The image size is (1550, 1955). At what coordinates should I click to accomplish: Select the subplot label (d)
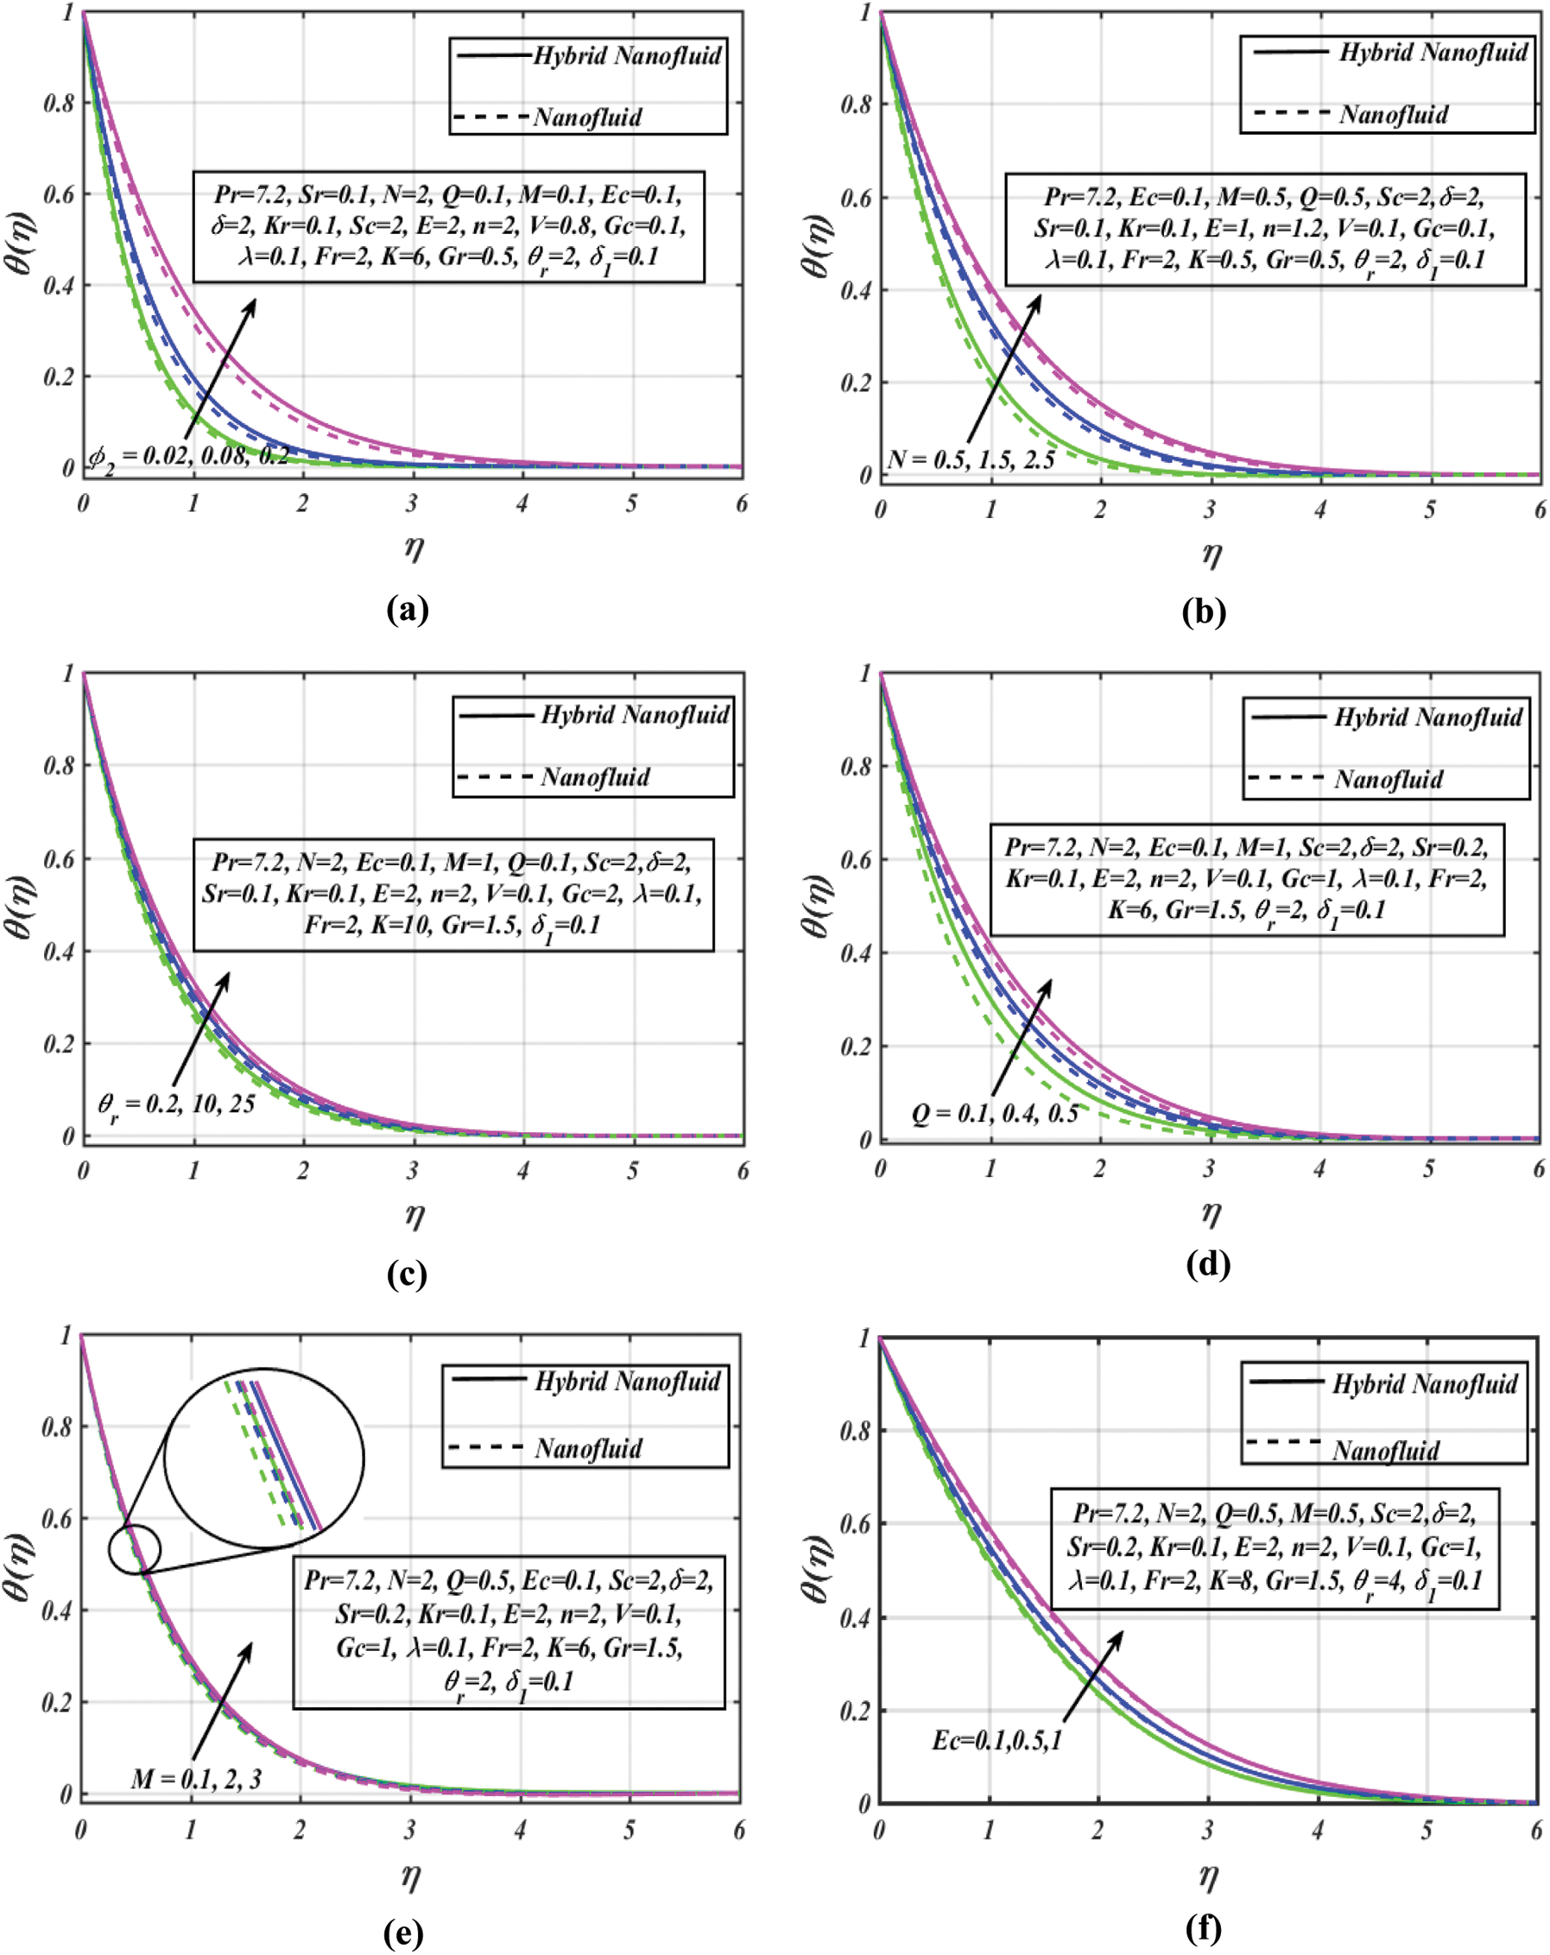click(x=1207, y=1263)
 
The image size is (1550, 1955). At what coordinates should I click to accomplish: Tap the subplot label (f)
click(x=1203, y=1926)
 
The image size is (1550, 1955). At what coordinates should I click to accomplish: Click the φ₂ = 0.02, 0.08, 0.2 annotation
click(x=188, y=454)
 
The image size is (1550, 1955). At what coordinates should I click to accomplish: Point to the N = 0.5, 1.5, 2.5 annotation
click(x=971, y=459)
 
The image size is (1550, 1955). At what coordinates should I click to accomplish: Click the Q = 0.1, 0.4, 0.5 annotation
click(x=994, y=1112)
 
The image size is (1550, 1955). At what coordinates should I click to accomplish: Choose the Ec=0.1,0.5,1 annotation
click(x=996, y=1740)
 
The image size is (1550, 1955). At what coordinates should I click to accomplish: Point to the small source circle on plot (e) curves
click(x=134, y=1549)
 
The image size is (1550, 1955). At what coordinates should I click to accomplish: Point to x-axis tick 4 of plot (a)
click(x=522, y=503)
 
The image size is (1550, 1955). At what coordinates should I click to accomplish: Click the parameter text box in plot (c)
click(x=452, y=894)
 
